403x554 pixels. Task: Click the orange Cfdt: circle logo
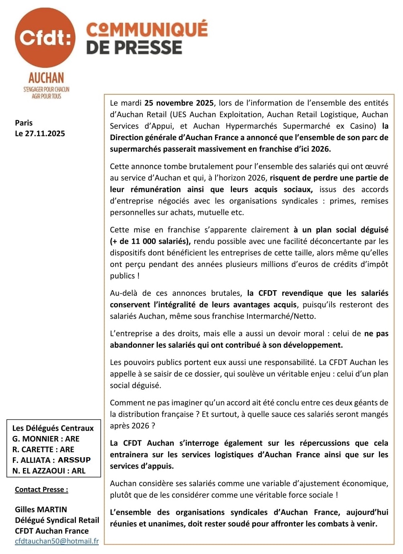pos(45,38)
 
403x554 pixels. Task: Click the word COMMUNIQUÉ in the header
pos(147,29)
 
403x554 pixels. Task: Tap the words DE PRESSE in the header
pos(134,47)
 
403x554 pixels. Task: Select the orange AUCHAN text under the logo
pos(46,77)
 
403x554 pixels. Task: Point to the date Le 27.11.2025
pos(40,134)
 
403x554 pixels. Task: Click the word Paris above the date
pos(24,123)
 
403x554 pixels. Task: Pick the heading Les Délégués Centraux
pos(53,428)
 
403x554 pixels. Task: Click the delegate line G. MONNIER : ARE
pos(46,439)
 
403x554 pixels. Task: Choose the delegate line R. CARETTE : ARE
pos(43,450)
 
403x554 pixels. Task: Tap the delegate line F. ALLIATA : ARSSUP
pos(51,460)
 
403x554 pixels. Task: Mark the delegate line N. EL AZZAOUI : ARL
pos(49,471)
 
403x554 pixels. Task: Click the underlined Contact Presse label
pos(41,490)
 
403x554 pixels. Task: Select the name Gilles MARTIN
pos(41,509)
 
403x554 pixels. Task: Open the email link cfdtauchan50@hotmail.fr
pos(57,541)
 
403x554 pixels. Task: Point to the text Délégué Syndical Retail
pos(57,520)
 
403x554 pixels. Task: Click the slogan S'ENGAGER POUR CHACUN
pos(46,90)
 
